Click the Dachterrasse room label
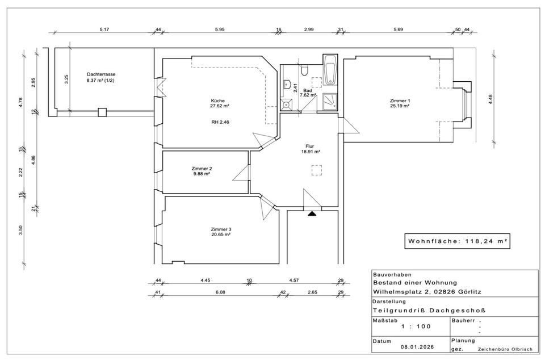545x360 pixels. pyautogui.click(x=101, y=74)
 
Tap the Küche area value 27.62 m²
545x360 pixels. pyautogui.click(x=219, y=106)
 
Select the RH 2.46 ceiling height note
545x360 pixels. pyautogui.click(x=220, y=122)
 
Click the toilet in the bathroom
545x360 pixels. pyautogui.click(x=305, y=70)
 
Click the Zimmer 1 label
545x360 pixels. pyautogui.click(x=400, y=101)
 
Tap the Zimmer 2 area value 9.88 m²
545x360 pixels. pyautogui.click(x=202, y=174)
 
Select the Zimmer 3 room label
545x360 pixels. pyautogui.click(x=221, y=229)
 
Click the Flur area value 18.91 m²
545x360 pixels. pyautogui.click(x=311, y=152)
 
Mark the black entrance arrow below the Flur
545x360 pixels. pyautogui.click(x=312, y=214)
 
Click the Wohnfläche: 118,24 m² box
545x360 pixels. pyautogui.click(x=457, y=241)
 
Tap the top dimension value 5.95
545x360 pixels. pyautogui.click(x=220, y=30)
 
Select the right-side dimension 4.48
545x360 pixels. pyautogui.click(x=491, y=99)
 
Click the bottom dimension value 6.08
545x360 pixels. pyautogui.click(x=220, y=292)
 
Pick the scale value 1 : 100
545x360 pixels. pyautogui.click(x=416, y=326)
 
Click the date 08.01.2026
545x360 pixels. pyautogui.click(x=417, y=347)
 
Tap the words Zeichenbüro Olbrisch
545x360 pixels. pyautogui.click(x=505, y=349)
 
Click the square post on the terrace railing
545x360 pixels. pyautogui.click(x=102, y=112)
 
